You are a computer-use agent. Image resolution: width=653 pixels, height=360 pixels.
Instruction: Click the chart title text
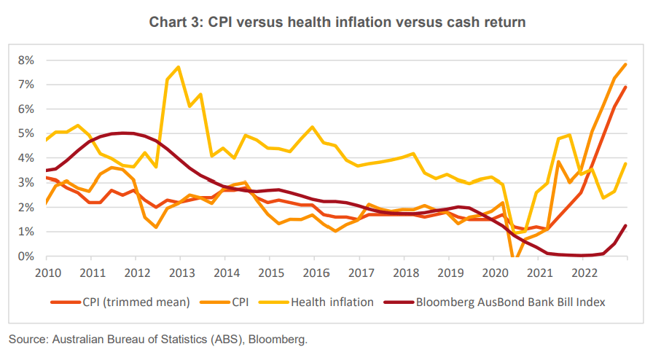pyautogui.click(x=337, y=22)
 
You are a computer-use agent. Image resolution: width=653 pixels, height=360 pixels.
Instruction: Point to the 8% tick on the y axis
pyautogui.click(x=26, y=60)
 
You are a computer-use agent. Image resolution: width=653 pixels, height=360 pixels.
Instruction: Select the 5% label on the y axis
pyautogui.click(x=26, y=133)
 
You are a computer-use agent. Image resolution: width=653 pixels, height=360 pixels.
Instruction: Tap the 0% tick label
pyautogui.click(x=26, y=257)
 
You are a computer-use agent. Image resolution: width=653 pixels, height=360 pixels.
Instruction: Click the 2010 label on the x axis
pyautogui.click(x=46, y=273)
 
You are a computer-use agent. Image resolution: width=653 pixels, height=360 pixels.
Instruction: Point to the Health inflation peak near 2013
pyautogui.click(x=179, y=67)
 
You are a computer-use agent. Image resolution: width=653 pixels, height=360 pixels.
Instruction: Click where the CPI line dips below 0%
pyautogui.click(x=515, y=257)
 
